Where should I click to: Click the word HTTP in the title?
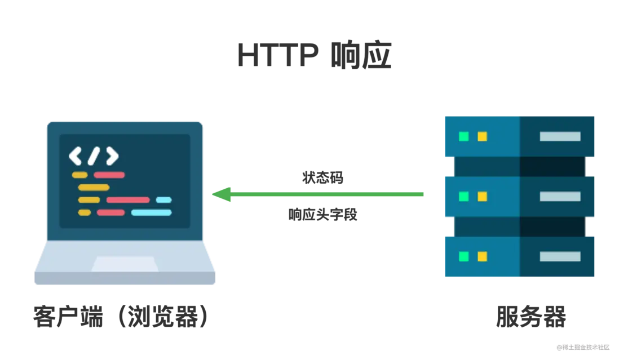coord(277,55)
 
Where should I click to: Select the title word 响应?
coord(361,55)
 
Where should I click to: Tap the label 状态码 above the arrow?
coord(322,177)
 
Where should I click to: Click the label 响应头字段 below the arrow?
coord(322,215)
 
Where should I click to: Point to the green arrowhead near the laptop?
coord(222,194)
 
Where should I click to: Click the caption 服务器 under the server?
coord(530,316)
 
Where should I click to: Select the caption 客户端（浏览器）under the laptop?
coord(121,316)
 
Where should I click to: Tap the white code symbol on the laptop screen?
coord(94,156)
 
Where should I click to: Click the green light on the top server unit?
coord(464,136)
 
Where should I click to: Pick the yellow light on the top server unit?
coord(483,136)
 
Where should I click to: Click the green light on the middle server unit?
coord(464,197)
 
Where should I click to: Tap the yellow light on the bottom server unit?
coord(483,257)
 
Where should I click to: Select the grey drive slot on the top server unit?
coord(560,136)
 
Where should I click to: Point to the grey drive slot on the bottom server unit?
coord(560,257)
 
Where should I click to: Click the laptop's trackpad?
coord(125,264)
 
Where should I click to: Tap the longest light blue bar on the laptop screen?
coord(152,212)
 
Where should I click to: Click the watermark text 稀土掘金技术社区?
coord(583,348)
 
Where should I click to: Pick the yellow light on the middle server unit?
coord(483,197)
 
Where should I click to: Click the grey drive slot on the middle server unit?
coord(560,197)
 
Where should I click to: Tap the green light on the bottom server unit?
coord(464,257)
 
